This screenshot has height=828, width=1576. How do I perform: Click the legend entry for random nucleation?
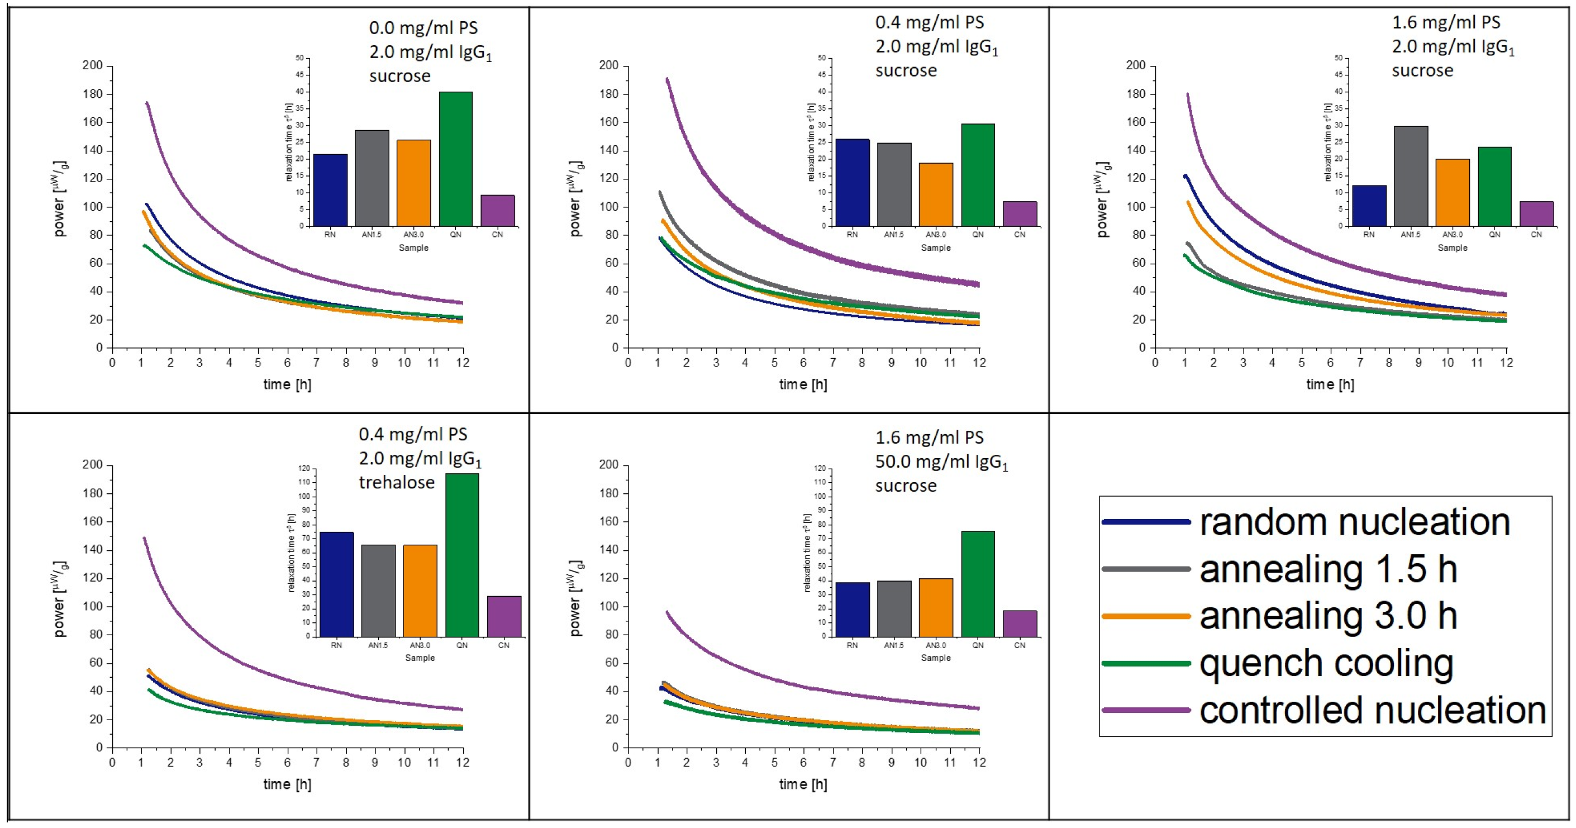[1355, 522]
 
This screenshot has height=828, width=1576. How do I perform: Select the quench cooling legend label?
[1326, 663]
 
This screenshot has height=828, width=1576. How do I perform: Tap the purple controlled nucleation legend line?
[1146, 710]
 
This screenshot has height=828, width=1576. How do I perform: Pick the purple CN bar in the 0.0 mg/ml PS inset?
[497, 211]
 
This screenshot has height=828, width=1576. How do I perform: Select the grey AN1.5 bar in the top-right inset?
[1411, 176]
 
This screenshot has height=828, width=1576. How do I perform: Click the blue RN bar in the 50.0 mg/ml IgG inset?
[852, 610]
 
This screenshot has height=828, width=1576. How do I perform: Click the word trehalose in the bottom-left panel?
[397, 483]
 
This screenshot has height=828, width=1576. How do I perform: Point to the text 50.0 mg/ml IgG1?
[941, 462]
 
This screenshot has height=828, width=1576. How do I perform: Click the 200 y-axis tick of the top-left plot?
[93, 65]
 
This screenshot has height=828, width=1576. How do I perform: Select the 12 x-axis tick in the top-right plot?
[1506, 362]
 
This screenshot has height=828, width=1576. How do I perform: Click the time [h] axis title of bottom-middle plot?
[803, 784]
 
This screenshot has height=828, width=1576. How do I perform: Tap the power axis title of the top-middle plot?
[575, 199]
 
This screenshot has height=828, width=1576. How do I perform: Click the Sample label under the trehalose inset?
[420, 658]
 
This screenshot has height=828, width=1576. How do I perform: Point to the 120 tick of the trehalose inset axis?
[304, 469]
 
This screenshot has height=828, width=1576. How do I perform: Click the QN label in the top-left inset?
[455, 235]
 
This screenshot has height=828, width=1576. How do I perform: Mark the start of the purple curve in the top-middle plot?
[667, 79]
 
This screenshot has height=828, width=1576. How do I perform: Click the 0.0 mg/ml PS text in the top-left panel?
[423, 28]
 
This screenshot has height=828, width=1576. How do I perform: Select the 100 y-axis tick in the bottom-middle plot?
[609, 606]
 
